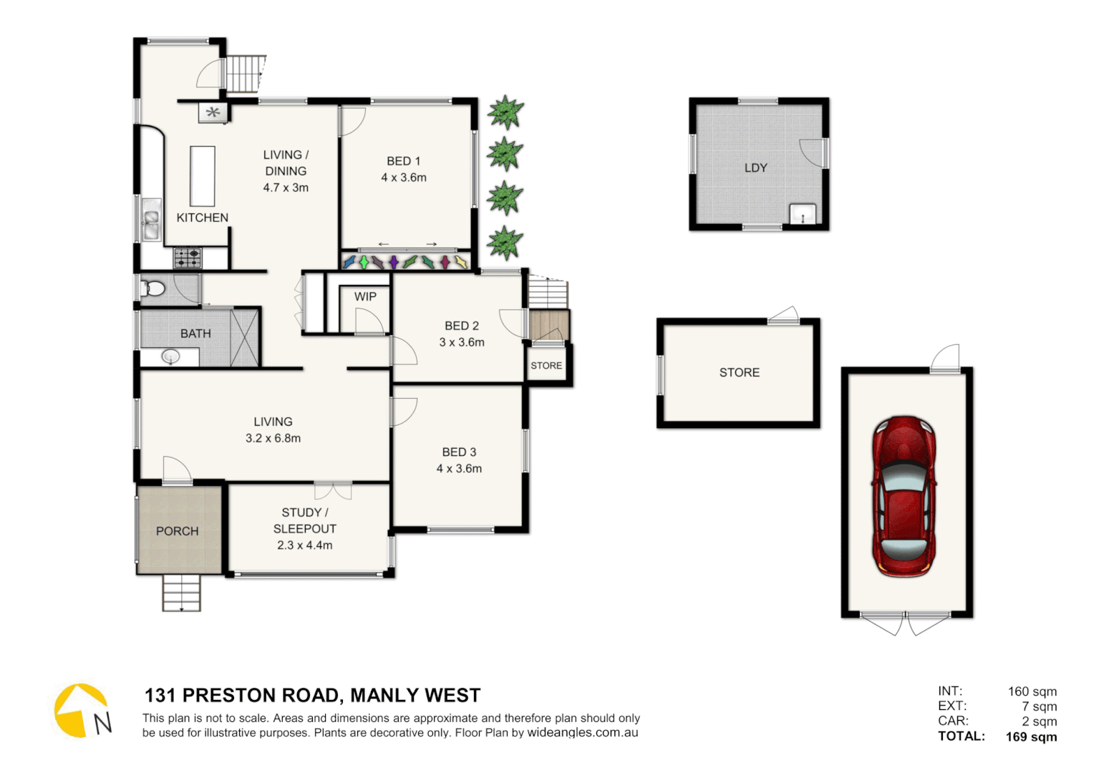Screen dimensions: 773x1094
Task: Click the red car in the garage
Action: pos(904,496)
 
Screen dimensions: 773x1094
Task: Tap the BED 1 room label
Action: pos(403,161)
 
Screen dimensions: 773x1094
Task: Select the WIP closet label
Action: pos(365,296)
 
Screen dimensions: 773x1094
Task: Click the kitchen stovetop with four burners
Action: pos(188,258)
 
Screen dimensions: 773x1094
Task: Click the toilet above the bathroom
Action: pos(154,288)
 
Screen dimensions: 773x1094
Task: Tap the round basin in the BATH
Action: pos(170,356)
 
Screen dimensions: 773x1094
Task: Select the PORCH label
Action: pos(177,531)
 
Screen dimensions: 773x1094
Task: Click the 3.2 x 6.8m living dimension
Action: pos(273,438)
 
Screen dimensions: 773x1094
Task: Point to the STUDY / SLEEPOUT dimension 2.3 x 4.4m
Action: pos(304,545)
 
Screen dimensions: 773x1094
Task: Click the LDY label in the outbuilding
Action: pos(755,167)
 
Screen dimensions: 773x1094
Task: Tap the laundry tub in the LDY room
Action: pos(803,213)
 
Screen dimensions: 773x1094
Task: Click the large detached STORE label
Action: pos(739,372)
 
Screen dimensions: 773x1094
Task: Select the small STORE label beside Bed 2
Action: pos(546,366)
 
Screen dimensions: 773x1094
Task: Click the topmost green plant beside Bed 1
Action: pos(505,112)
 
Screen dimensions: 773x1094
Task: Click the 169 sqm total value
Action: pos(1030,736)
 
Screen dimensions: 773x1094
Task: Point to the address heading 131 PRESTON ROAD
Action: pos(312,695)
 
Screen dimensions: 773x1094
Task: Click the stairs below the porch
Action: pos(181,593)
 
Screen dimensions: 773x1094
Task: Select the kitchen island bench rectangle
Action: pos(203,176)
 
